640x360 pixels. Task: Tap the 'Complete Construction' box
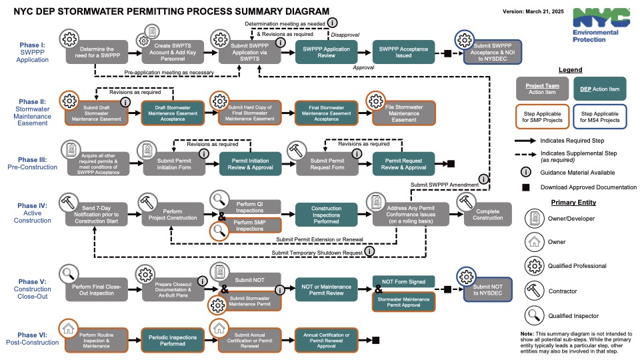[x=487, y=215]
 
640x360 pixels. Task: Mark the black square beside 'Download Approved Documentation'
[x=526, y=187]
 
